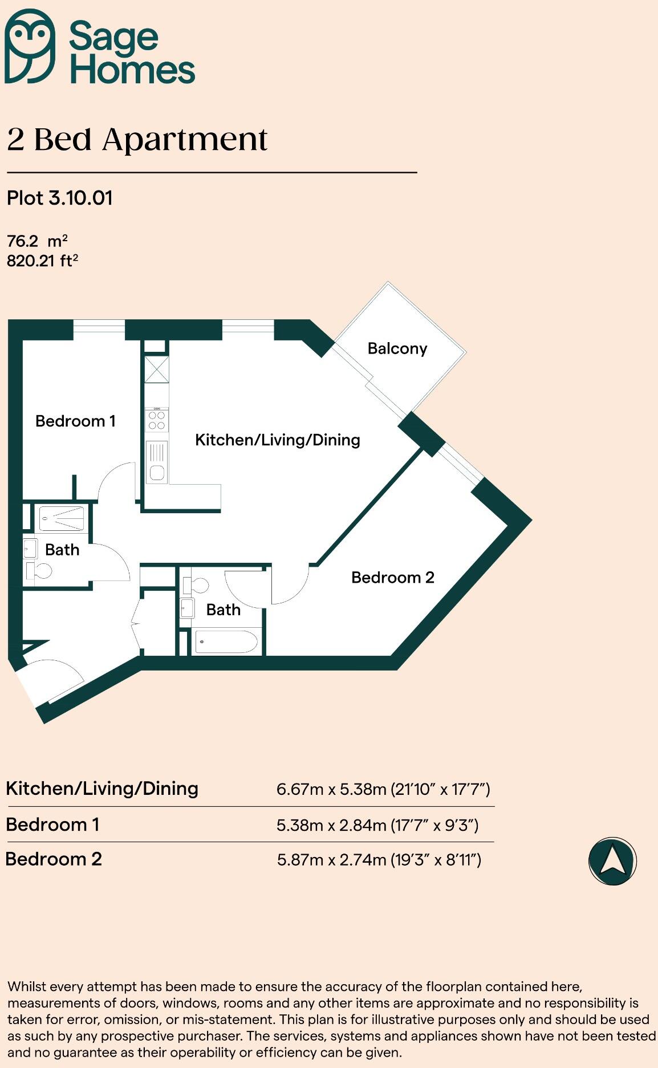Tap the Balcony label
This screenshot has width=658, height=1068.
[397, 348]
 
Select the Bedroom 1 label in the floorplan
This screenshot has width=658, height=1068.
[75, 421]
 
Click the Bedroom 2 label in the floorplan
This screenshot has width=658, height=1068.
[392, 578]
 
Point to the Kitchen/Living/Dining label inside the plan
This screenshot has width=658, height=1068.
[277, 440]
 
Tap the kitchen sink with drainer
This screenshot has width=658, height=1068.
[157, 462]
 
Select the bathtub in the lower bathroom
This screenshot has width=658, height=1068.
[226, 642]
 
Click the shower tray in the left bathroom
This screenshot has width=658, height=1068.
[62, 519]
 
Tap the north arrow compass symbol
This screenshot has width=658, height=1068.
[612, 861]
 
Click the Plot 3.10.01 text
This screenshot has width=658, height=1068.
[60, 198]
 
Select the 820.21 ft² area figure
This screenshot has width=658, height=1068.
[42, 261]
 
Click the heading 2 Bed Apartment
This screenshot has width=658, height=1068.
[137, 140]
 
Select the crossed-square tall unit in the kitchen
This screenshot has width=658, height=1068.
[157, 369]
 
